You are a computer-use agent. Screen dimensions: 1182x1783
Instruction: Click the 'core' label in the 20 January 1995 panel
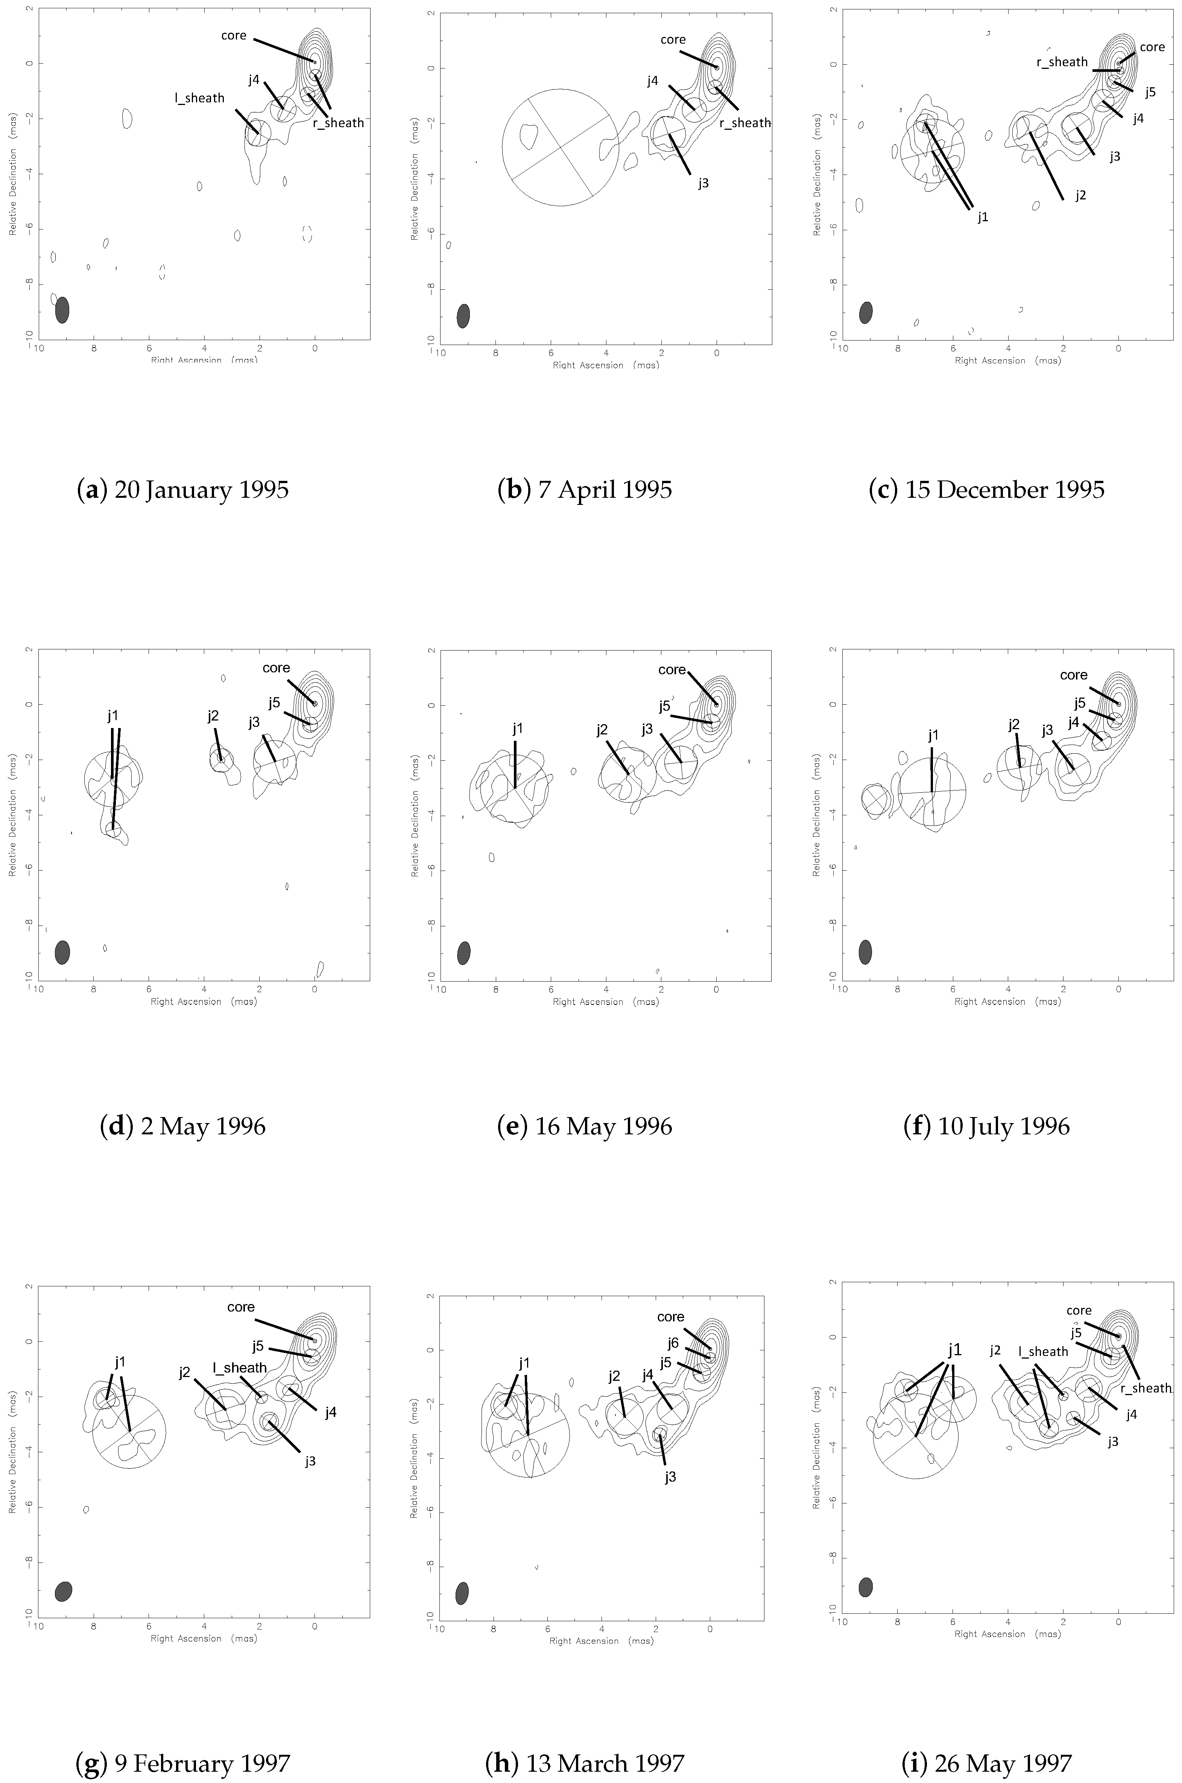coord(234,35)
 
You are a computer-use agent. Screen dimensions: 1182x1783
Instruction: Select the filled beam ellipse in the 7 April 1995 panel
coord(463,316)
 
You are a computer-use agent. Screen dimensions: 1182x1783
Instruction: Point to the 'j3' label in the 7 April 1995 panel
coord(703,183)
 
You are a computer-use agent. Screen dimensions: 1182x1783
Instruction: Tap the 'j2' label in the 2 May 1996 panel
coord(213,716)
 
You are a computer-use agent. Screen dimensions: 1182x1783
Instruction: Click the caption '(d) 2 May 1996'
coord(182,1126)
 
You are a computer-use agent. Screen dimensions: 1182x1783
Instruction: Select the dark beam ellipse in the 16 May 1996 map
coord(463,952)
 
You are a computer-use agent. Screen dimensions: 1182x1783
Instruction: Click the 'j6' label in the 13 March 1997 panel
coord(673,1343)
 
